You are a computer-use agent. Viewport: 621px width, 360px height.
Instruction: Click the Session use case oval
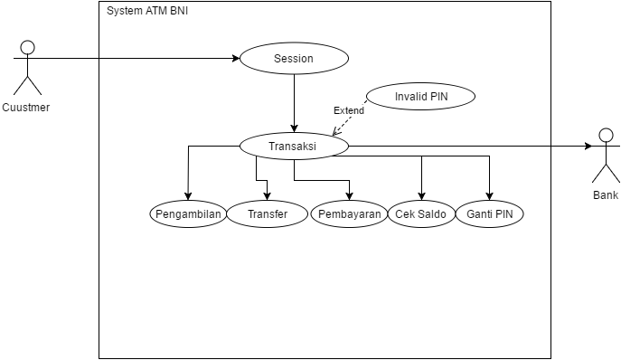[x=293, y=59]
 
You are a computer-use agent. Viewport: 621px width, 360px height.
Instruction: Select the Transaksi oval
[x=293, y=146]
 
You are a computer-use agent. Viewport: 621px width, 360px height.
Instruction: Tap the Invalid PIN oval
[x=420, y=97]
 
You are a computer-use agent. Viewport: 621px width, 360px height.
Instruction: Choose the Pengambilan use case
[x=188, y=214]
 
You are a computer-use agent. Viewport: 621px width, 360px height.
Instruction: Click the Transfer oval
[x=267, y=214]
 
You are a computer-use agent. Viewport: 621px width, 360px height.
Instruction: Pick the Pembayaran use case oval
[x=349, y=214]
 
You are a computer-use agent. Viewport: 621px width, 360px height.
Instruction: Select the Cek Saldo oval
[x=420, y=214]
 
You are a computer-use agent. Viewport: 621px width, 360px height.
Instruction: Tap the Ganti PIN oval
[x=489, y=214]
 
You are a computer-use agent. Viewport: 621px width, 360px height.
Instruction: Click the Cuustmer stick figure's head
[x=28, y=47]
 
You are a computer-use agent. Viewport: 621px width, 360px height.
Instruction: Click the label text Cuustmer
[x=27, y=108]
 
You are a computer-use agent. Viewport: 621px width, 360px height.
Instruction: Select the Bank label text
[x=605, y=195]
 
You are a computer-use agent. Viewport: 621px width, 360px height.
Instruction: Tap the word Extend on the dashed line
[x=349, y=110]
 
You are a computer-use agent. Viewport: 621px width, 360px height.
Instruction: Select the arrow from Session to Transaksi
[x=293, y=101]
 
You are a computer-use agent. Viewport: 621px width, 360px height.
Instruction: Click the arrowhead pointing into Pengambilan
[x=188, y=198]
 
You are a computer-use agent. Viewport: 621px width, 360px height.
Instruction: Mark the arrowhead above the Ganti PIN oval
[x=489, y=198]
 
